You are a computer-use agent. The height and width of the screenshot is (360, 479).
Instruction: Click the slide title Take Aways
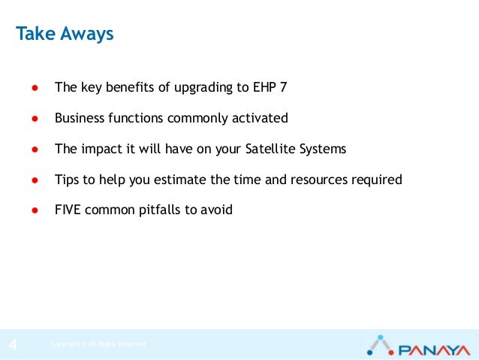pos(65,35)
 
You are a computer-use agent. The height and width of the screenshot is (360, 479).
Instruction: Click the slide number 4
pos(13,345)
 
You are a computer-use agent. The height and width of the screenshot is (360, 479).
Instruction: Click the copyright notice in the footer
pos(98,345)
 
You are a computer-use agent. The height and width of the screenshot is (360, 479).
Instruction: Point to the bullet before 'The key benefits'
pos(35,87)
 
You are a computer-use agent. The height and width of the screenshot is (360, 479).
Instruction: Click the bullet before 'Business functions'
pos(35,118)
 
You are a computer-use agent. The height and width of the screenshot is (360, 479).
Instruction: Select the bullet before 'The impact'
pos(35,149)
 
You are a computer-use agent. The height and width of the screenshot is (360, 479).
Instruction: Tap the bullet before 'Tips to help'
pos(35,180)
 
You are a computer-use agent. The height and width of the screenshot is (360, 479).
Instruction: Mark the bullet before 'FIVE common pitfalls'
pos(35,210)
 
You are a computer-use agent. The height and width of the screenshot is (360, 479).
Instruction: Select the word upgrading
pos(203,88)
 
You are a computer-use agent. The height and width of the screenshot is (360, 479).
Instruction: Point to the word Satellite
pos(271,149)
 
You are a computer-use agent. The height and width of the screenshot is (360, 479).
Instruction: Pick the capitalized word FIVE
pos(68,210)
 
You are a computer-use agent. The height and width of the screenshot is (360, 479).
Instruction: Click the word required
pos(378,180)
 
